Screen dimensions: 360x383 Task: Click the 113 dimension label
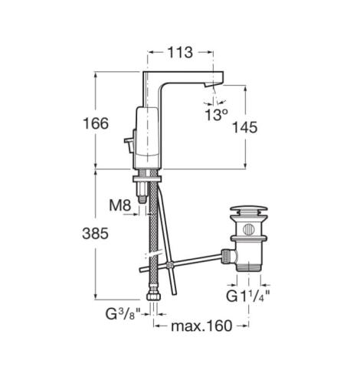tap(180, 53)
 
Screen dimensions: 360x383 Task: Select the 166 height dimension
tap(96, 123)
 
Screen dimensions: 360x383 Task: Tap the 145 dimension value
tap(244, 127)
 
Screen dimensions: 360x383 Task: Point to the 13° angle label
tap(216, 115)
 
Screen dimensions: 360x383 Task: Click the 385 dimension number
tap(96, 234)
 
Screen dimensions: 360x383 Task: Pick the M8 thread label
tap(120, 205)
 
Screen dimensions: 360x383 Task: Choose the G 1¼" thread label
tap(248, 296)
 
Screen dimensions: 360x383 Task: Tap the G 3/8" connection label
tap(123, 314)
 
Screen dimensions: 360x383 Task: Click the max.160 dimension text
tap(201, 326)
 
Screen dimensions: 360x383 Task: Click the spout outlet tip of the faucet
tap(210, 87)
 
